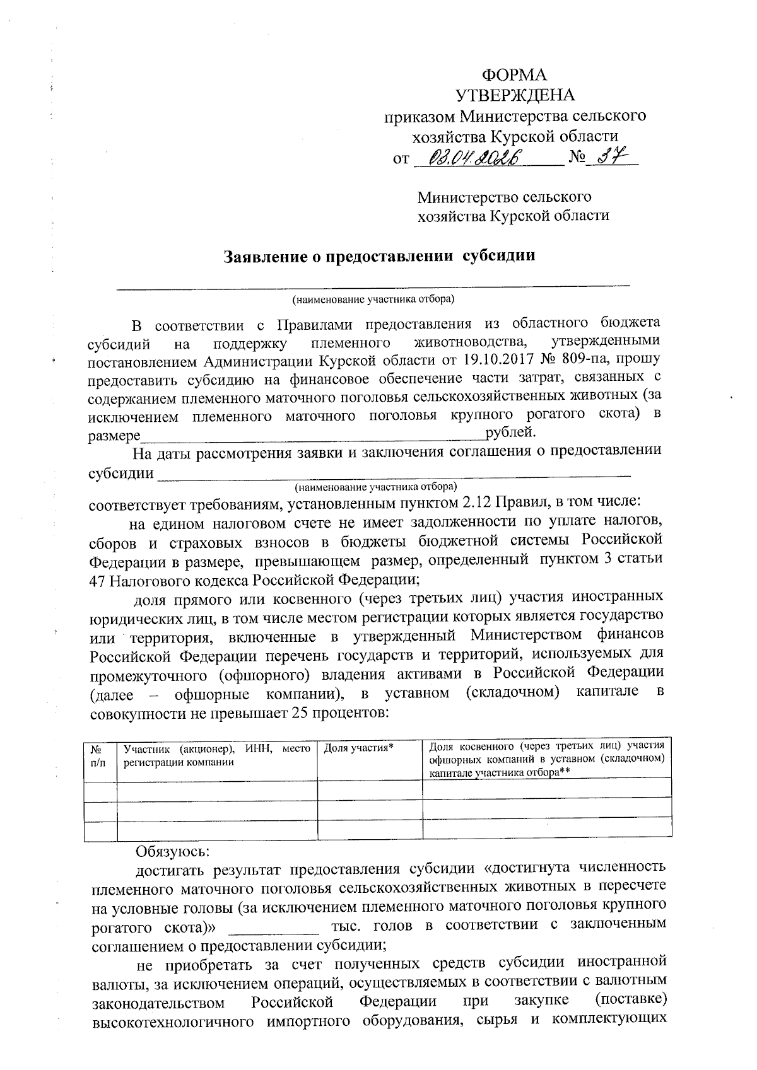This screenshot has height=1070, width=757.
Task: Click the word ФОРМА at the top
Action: point(514,74)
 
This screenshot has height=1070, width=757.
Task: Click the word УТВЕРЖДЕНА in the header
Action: point(515,95)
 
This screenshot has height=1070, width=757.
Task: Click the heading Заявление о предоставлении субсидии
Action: point(380,256)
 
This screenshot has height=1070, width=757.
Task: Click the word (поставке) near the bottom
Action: point(631,1001)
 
